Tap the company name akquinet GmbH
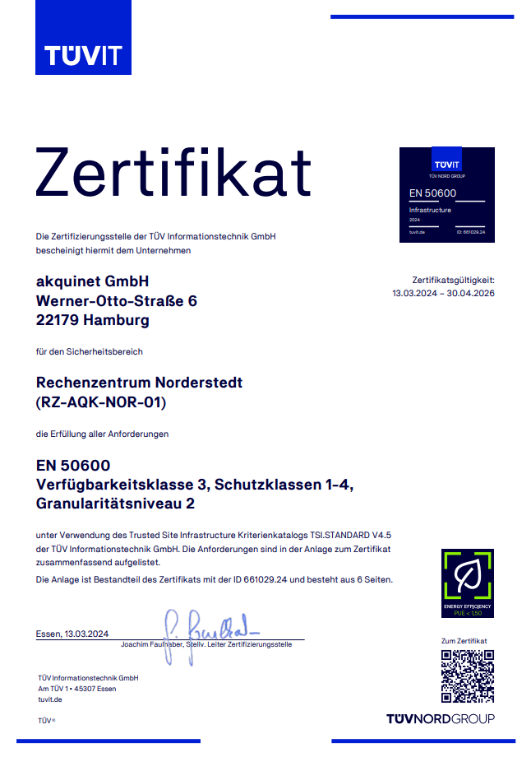(x=93, y=281)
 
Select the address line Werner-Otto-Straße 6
(x=117, y=301)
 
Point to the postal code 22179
(x=58, y=321)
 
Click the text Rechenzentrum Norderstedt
(x=140, y=383)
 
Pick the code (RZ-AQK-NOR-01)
(x=101, y=402)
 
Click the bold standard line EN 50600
(x=73, y=466)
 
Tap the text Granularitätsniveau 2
(x=116, y=504)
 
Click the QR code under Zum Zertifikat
(x=467, y=676)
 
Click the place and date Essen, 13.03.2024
(x=72, y=634)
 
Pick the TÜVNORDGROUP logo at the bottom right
(x=441, y=719)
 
